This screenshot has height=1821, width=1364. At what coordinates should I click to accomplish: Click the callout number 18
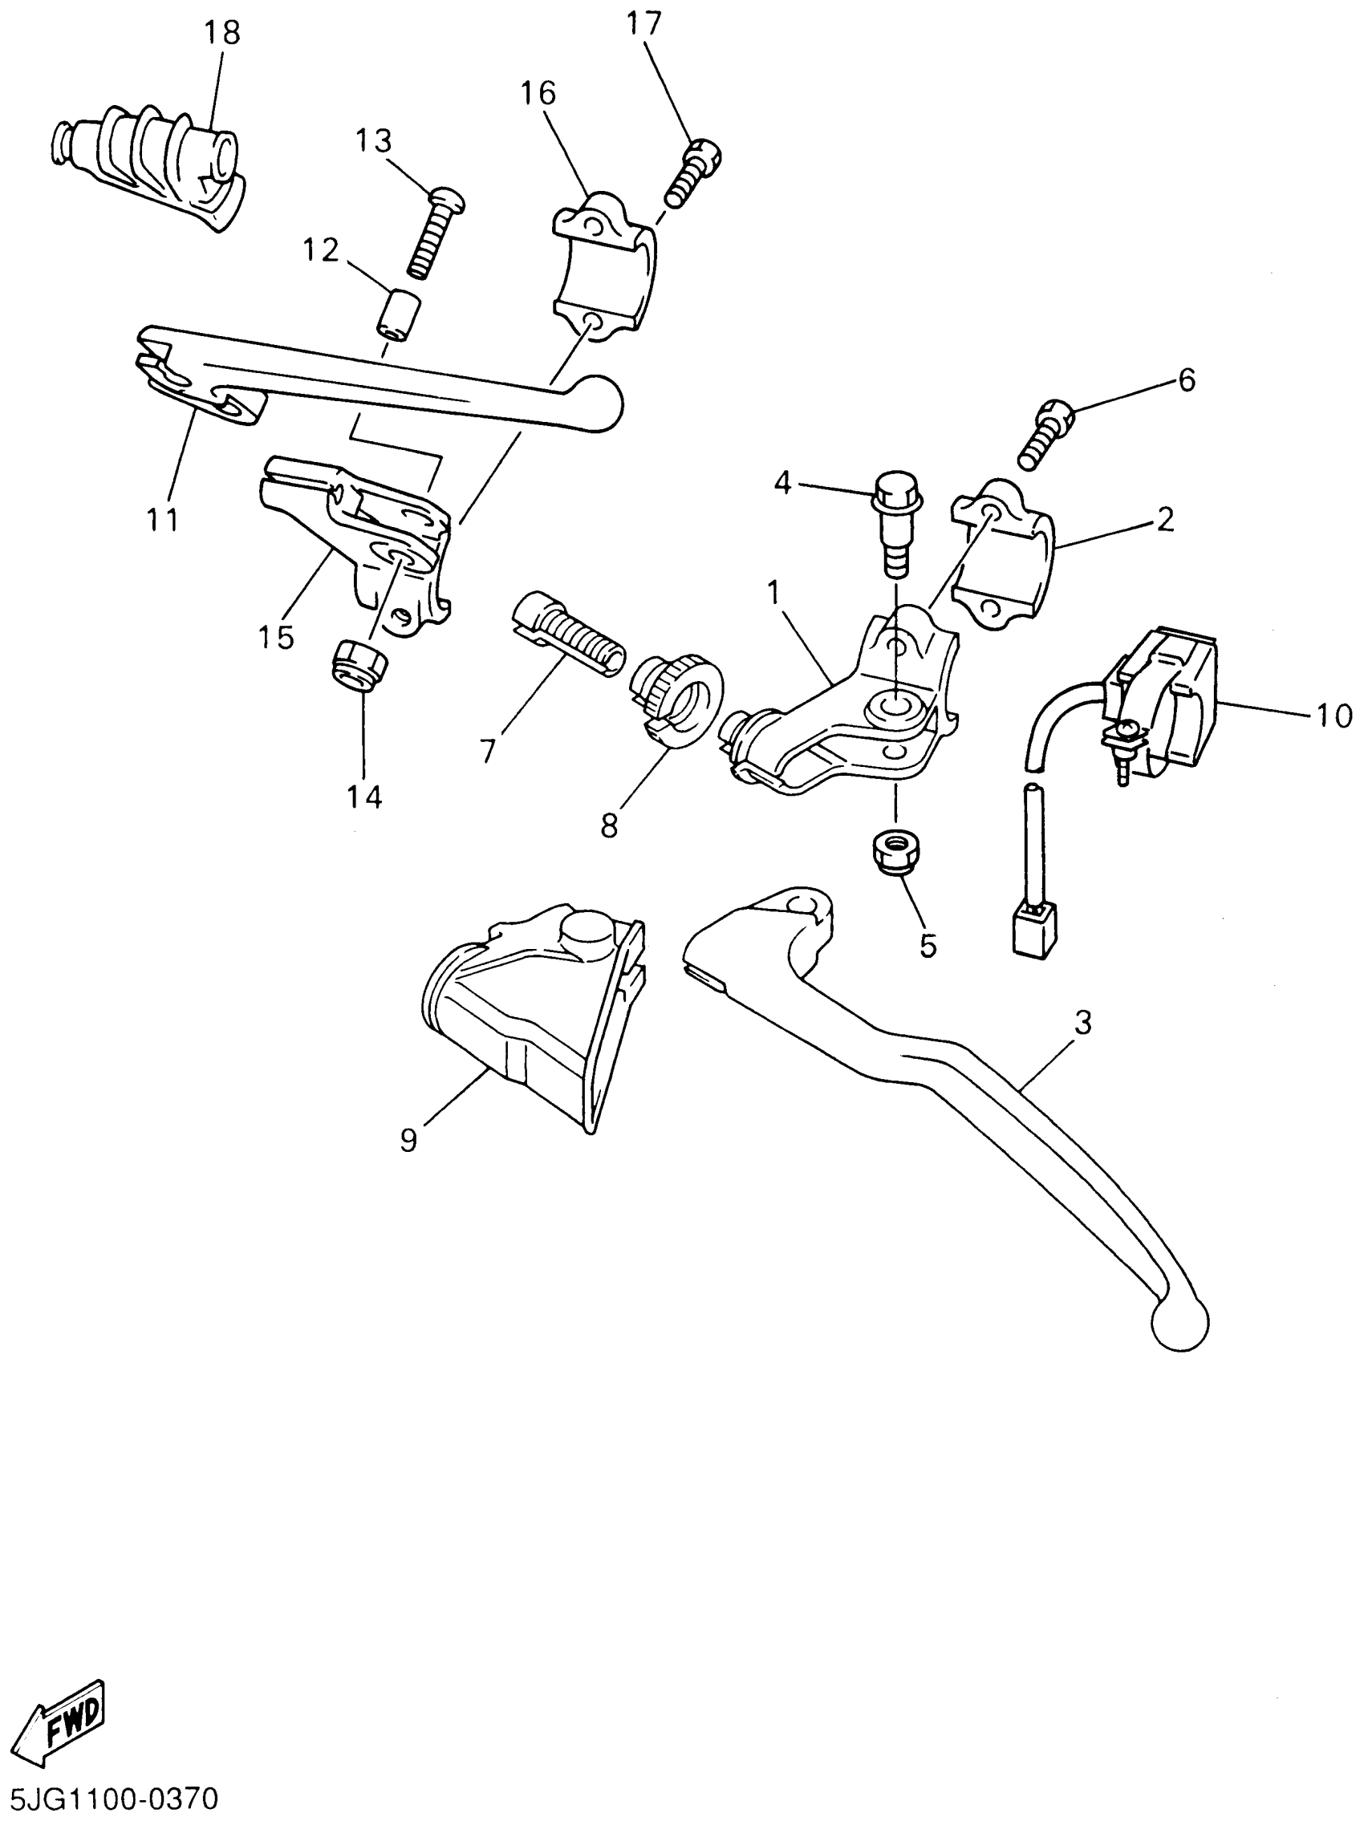coord(221,32)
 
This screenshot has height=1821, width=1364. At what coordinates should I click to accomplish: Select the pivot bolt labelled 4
coord(896,523)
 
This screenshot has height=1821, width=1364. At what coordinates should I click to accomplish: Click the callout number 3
coord(1082,1024)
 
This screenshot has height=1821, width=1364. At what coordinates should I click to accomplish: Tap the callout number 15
coord(276,635)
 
